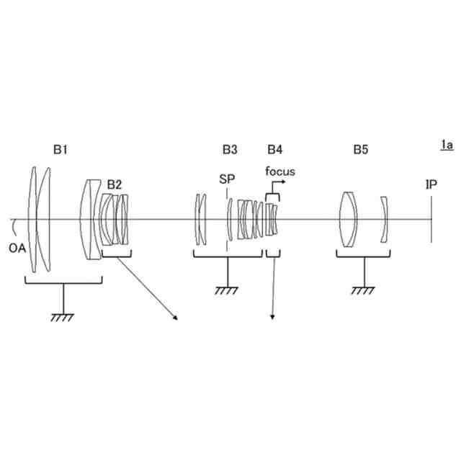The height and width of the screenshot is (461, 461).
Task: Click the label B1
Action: coord(60,150)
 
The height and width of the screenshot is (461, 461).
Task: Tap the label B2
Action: coord(115,184)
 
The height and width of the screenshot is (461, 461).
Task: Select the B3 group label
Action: coord(230,150)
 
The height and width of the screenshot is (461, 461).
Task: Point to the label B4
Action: coord(275,150)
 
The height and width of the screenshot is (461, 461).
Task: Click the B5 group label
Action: coord(361,150)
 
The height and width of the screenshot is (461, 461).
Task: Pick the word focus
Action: coord(279,171)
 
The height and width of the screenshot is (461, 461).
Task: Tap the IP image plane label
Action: coord(431,184)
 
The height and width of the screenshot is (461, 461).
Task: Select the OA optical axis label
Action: coord(19,249)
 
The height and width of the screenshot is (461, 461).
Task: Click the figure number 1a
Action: coord(447,146)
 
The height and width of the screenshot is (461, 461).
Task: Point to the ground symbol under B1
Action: coord(61,315)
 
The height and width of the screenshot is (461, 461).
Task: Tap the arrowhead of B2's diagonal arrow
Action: coord(175,318)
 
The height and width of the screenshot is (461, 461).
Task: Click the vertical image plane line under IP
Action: coord(431,219)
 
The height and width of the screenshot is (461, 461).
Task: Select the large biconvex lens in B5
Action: coord(349,219)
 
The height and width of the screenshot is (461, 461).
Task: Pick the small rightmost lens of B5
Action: coord(385,219)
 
